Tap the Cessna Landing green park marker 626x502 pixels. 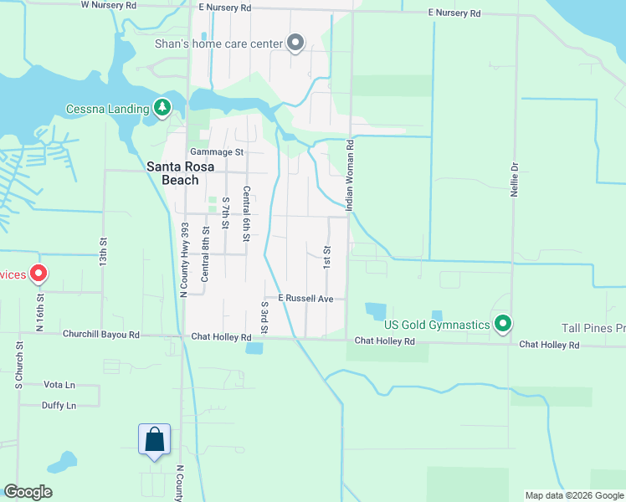click(162, 108)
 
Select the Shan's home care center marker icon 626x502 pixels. click(295, 43)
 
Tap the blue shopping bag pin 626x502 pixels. click(155, 439)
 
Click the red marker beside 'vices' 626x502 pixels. click(38, 274)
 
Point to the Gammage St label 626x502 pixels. click(216, 152)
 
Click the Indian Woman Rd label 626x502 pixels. click(351, 175)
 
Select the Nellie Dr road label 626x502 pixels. click(515, 178)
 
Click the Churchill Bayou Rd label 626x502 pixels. click(100, 334)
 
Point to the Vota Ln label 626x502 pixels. click(59, 385)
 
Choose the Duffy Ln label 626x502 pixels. click(59, 406)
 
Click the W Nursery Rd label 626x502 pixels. click(108, 5)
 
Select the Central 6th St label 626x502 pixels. click(246, 214)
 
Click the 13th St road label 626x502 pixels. click(104, 248)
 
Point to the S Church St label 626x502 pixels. click(18, 364)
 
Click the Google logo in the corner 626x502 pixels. click(28, 492)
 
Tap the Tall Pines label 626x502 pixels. click(595, 328)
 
